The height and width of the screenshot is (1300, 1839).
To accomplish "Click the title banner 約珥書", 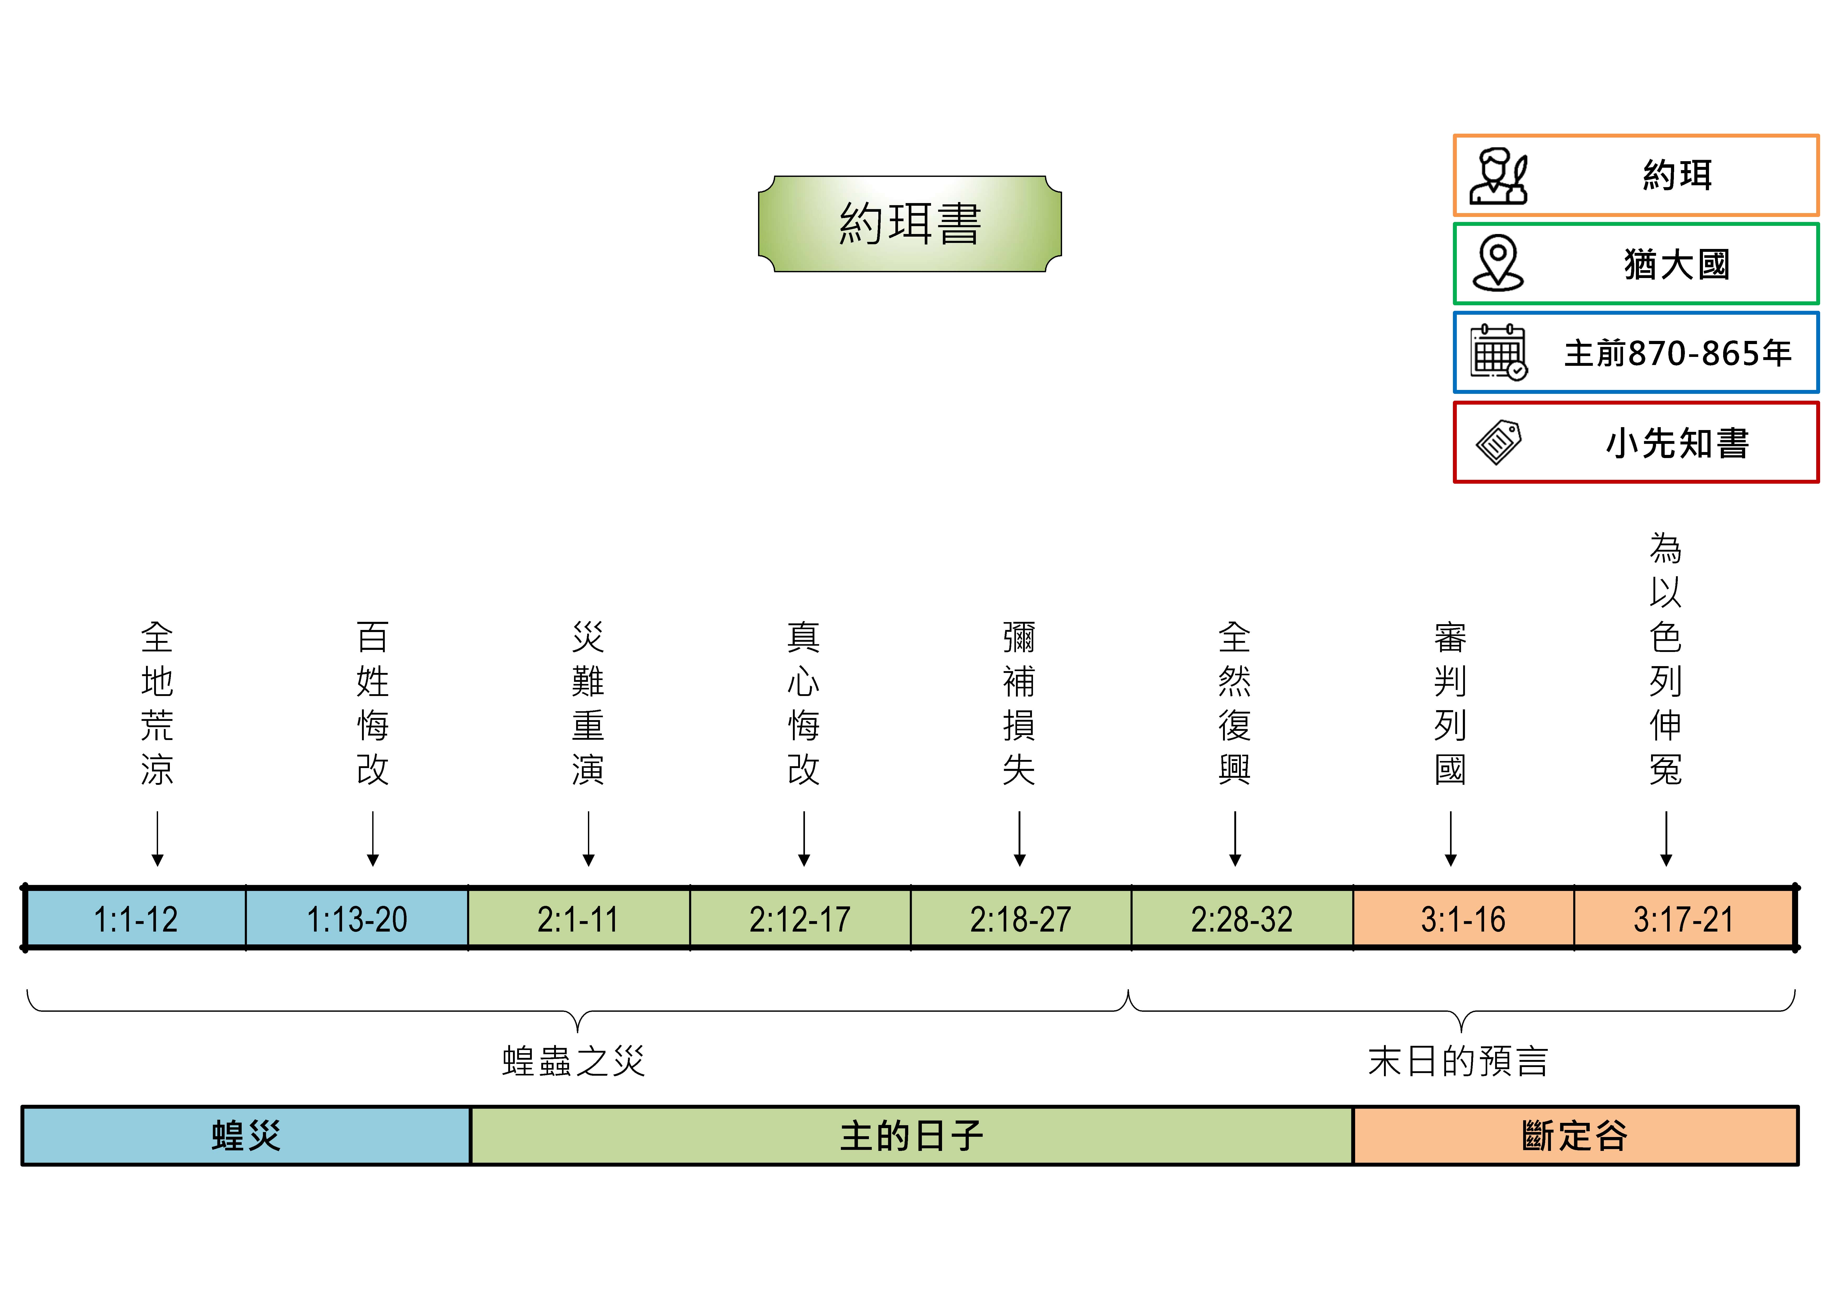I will pos(910,224).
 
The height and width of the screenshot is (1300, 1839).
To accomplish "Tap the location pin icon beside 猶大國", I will pos(1498,264).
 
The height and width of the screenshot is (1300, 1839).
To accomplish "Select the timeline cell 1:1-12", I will pos(136,919).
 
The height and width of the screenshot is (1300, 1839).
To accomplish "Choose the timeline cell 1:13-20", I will pos(357,919).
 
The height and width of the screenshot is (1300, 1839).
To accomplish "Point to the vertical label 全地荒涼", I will pos(157,703).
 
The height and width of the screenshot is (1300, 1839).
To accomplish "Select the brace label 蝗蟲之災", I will pos(574,1061).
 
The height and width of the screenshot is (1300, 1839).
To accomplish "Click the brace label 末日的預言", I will pos(1458,1061).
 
